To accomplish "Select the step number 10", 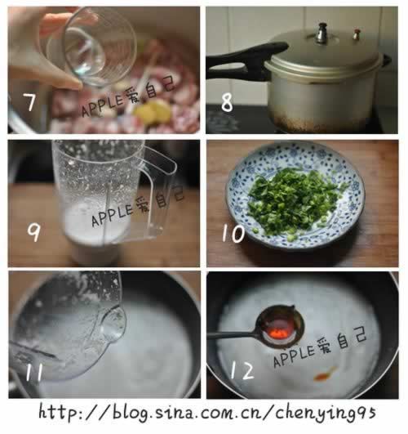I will point(233,235).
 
